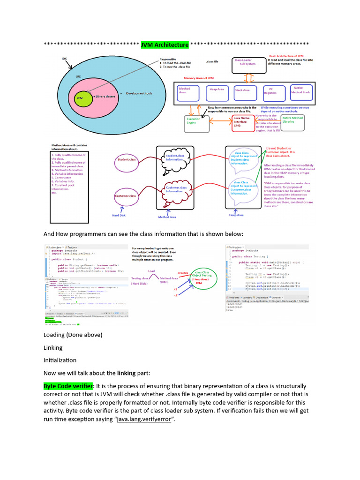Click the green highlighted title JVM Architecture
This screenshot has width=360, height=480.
click(165, 45)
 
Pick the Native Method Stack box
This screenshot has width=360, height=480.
click(300, 90)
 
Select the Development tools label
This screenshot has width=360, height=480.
click(139, 94)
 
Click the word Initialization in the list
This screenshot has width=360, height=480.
click(60, 360)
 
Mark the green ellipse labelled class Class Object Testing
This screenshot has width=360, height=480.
click(202, 279)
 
